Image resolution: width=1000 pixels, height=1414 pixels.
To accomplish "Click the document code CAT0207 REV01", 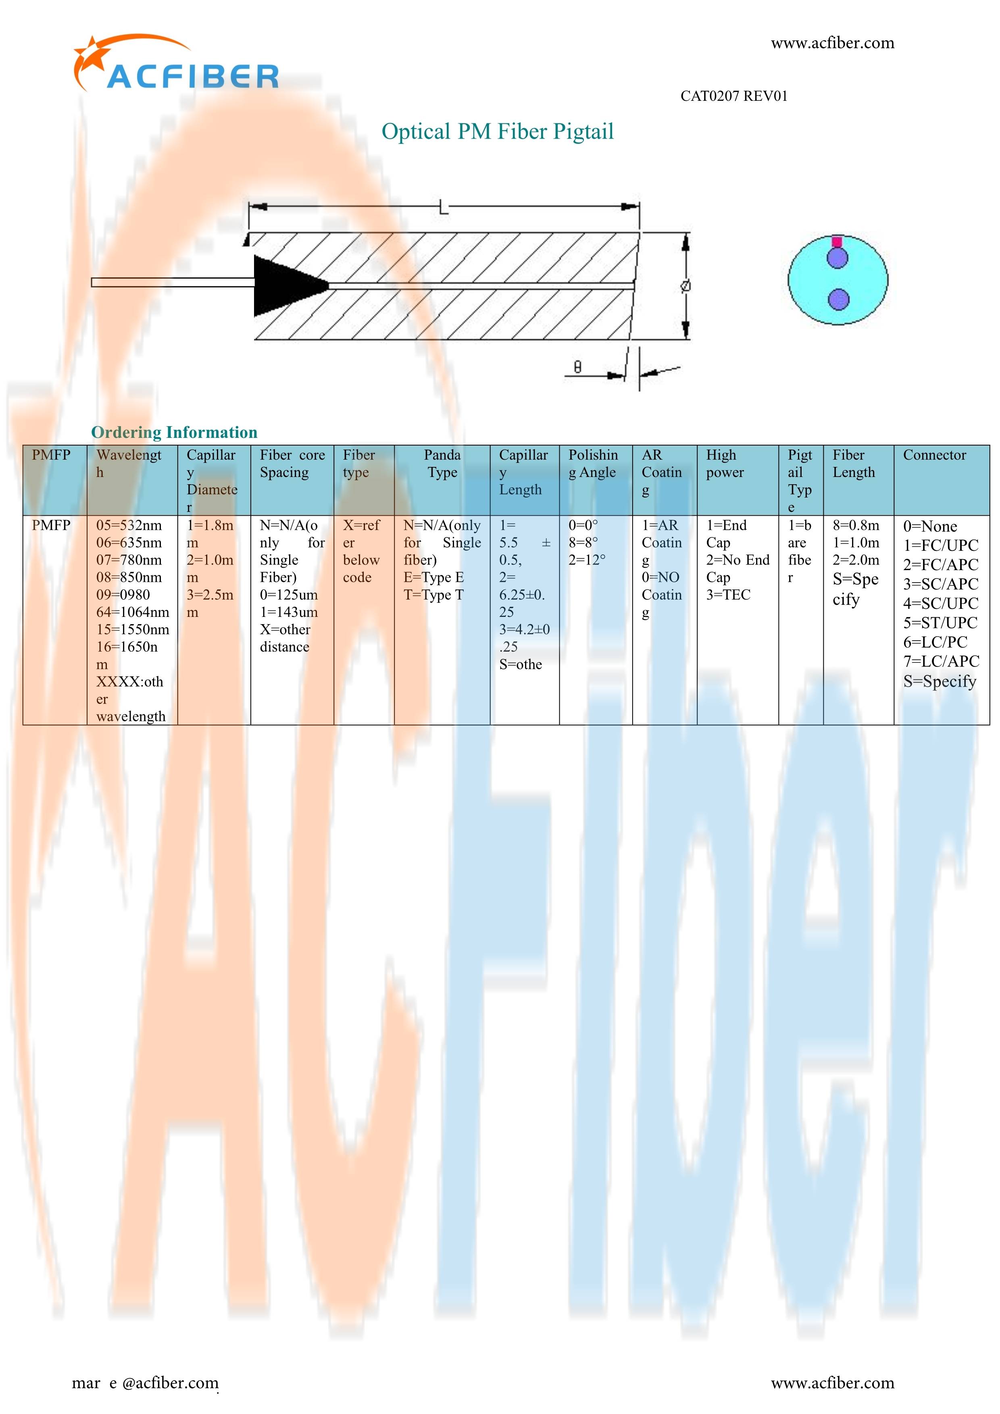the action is point(734,96).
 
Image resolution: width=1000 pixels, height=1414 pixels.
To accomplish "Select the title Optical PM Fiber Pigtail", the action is point(498,131).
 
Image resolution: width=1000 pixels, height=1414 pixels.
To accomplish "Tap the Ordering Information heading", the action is point(174,432).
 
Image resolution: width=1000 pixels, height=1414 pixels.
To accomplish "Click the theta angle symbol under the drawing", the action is point(577,367).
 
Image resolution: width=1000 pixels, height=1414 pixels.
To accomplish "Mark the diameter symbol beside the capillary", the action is point(685,286).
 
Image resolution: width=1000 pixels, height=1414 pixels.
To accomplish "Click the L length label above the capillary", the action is point(444,208).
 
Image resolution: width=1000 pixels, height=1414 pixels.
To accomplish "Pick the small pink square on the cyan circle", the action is point(837,242).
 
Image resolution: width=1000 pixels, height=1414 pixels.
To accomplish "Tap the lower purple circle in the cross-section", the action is point(838,300).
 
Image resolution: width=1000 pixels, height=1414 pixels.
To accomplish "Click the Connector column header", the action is point(934,455).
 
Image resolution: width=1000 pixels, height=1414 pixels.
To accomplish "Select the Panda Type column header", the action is point(442,464).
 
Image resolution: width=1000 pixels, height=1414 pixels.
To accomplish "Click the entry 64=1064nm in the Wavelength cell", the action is point(132,612).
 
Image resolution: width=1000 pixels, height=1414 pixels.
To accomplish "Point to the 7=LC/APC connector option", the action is point(941,661).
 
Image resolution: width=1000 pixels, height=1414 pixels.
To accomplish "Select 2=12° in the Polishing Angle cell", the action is point(587,560).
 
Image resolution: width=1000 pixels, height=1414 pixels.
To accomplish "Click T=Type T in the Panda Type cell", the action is point(433,595).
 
